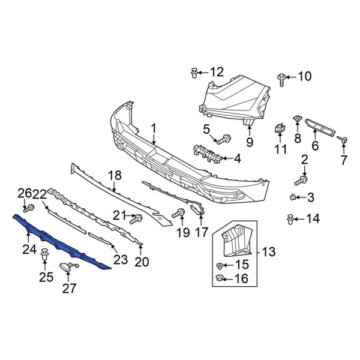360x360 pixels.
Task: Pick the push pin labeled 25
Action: click(x=45, y=257)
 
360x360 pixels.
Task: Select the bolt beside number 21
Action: click(x=136, y=217)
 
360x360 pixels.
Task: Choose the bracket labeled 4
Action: click(x=208, y=154)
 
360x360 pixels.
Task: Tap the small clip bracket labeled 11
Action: click(x=279, y=128)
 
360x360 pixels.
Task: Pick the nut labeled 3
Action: click(x=293, y=197)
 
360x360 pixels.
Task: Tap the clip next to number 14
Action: click(x=292, y=218)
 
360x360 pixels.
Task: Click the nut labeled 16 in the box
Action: click(x=220, y=277)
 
